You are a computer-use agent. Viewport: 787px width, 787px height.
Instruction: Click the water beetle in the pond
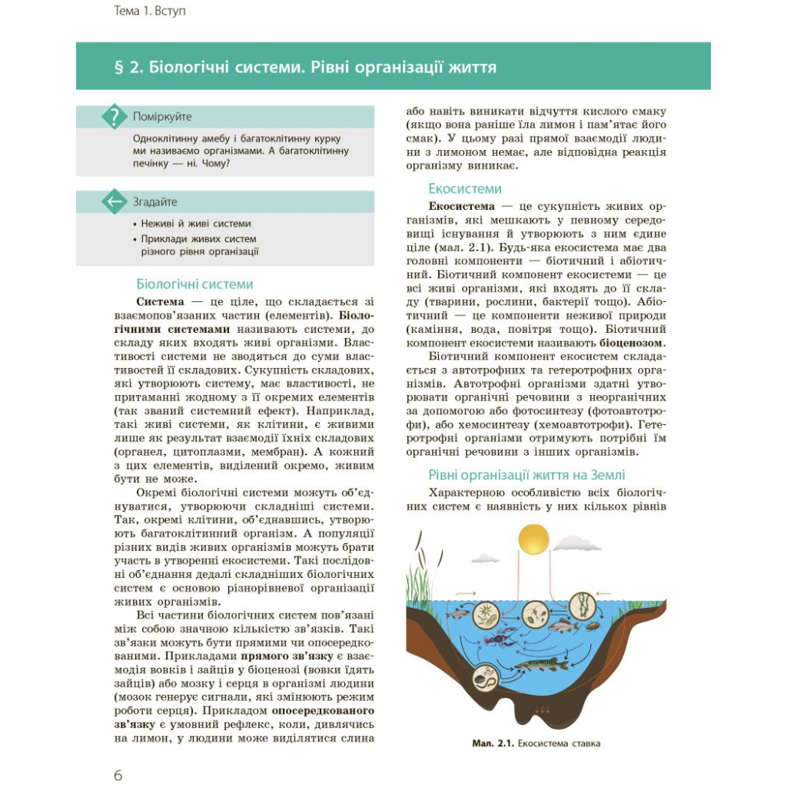593,627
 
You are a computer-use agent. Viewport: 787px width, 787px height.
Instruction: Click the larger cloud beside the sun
576,544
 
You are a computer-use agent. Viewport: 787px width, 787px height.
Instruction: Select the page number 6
118,775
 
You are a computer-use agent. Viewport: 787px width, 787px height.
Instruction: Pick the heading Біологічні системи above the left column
194,284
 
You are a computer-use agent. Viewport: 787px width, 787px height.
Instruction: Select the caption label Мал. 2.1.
492,743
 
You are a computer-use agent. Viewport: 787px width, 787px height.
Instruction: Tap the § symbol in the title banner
118,67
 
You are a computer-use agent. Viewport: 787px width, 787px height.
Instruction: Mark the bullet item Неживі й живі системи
195,224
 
